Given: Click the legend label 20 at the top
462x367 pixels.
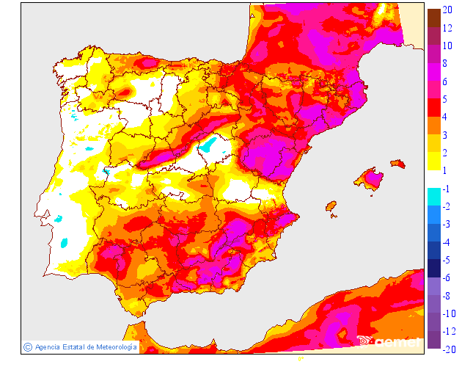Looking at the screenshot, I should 447,10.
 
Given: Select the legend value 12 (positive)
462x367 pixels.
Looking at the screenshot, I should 447,28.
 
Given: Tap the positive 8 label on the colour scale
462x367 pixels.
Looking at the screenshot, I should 447,63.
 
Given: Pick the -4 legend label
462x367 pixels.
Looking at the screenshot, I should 446,241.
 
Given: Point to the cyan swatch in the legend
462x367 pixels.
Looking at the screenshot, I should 433,196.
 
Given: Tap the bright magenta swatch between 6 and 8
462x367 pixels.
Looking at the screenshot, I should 433,71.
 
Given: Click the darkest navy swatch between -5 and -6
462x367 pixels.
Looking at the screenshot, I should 433,268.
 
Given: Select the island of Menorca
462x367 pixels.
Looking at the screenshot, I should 398,163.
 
